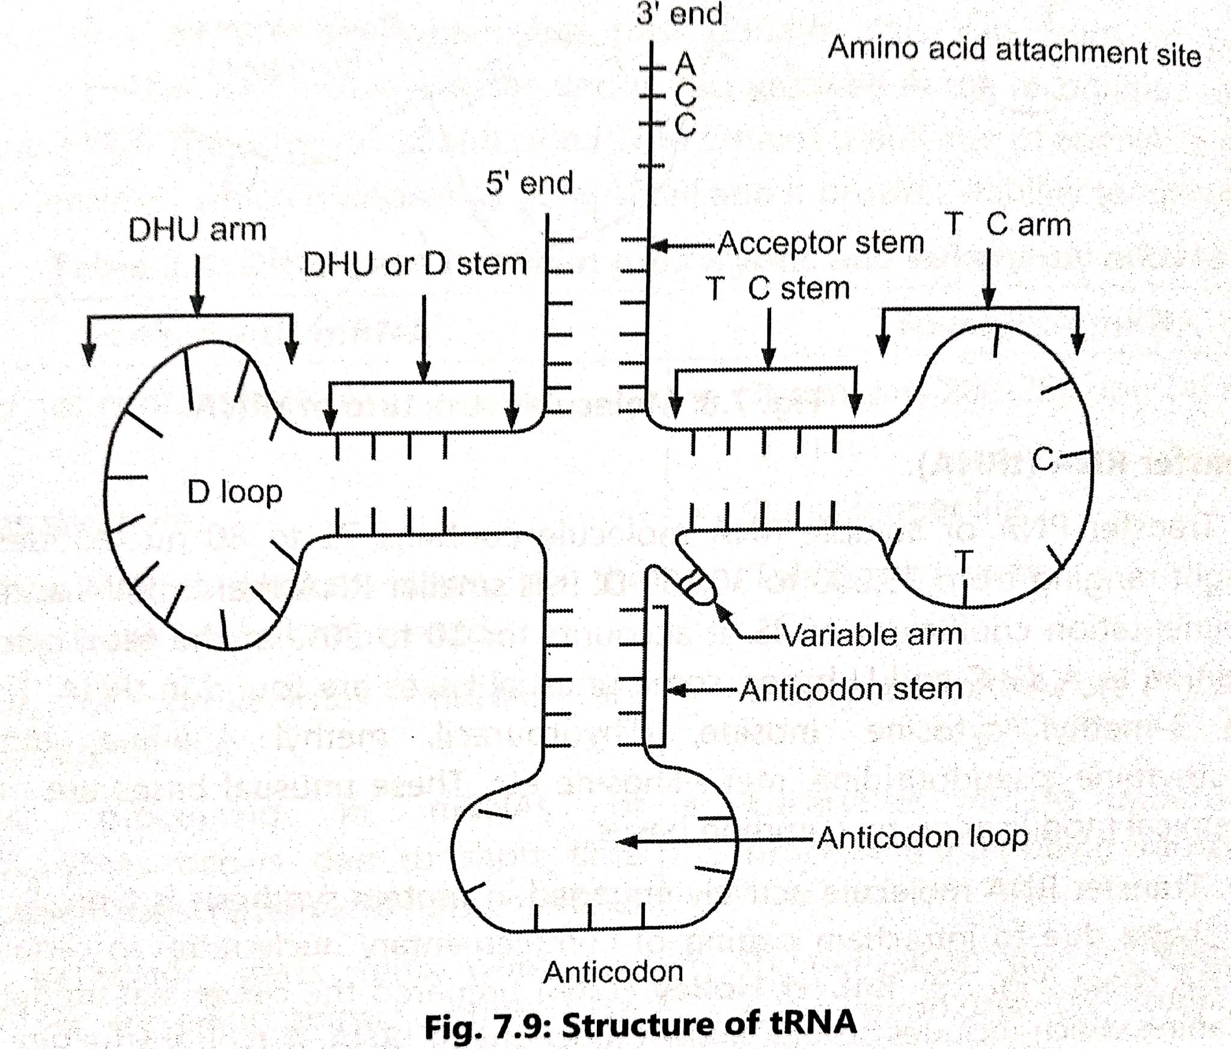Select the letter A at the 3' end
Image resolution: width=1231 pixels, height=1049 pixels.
pyautogui.click(x=685, y=63)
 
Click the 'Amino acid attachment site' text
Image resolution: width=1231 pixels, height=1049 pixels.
pyautogui.click(x=1014, y=51)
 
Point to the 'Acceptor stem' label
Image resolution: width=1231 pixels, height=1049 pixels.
pyautogui.click(x=821, y=243)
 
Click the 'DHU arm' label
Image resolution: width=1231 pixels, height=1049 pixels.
pyautogui.click(x=197, y=230)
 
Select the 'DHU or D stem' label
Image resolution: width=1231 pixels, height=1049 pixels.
pyautogui.click(x=415, y=264)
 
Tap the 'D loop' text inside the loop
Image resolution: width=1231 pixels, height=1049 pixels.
pyautogui.click(x=234, y=492)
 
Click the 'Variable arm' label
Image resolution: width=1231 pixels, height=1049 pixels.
pyautogui.click(x=872, y=635)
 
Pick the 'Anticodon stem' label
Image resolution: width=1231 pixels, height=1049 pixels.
pyautogui.click(x=851, y=689)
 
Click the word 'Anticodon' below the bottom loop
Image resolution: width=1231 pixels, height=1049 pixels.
pyautogui.click(x=613, y=972)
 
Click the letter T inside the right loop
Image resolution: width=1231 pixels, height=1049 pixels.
pyautogui.click(x=964, y=563)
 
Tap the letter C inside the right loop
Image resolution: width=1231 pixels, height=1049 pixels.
pyautogui.click(x=1043, y=460)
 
